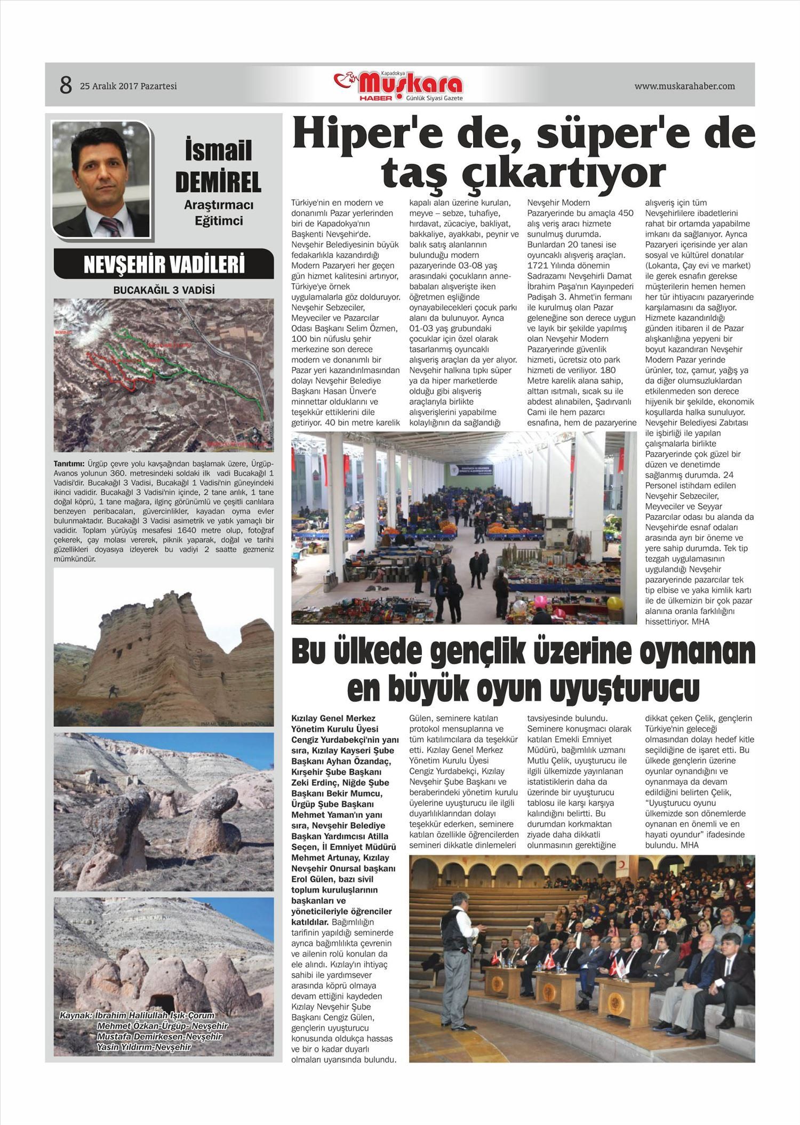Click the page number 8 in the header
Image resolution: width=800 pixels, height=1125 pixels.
point(65,85)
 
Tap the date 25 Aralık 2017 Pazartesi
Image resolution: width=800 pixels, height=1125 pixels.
point(128,86)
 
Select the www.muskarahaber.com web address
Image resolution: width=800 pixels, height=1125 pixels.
point(684,86)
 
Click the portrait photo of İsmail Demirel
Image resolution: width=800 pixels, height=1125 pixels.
point(101,179)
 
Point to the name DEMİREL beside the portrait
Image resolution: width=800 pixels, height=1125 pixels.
point(218,182)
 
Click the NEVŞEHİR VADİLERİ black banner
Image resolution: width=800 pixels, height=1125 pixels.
point(164,264)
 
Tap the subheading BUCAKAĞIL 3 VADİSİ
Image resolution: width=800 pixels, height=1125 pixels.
point(164,291)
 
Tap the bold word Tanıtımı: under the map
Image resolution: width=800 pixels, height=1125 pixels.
point(69,463)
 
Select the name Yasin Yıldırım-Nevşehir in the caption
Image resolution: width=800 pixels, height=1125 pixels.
point(143,1047)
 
